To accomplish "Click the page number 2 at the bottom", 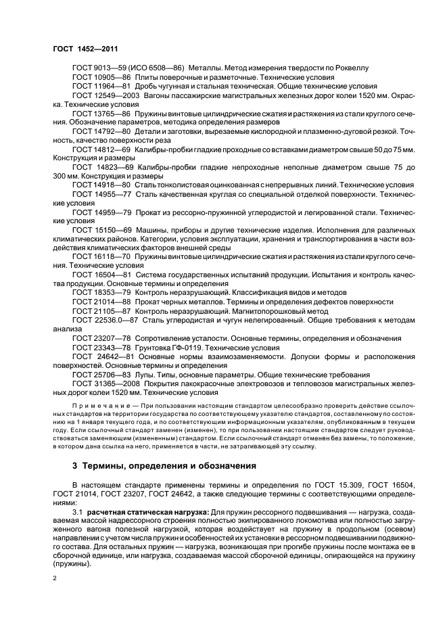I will [55, 578].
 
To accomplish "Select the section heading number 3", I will [74, 466].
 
